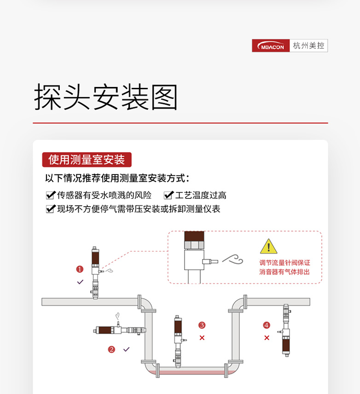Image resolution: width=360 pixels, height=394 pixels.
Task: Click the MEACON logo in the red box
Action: click(x=271, y=46)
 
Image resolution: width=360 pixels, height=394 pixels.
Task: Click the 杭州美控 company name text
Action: click(x=308, y=46)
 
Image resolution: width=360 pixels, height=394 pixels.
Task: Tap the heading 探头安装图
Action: click(x=106, y=98)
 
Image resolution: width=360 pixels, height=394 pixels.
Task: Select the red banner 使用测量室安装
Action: click(x=87, y=160)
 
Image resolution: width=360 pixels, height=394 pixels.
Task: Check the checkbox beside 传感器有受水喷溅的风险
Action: click(x=50, y=195)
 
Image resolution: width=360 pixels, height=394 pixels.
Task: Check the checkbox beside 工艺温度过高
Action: click(x=168, y=195)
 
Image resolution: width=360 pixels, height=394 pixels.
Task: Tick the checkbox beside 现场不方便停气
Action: click(x=50, y=209)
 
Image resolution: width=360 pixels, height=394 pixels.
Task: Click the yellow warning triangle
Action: click(x=268, y=247)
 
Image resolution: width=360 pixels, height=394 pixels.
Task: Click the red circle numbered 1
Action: click(x=80, y=269)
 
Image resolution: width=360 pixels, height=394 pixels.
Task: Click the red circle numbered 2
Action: click(x=111, y=349)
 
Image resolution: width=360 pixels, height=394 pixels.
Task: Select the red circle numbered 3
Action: click(x=202, y=325)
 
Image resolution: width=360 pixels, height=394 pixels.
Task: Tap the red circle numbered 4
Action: click(x=267, y=325)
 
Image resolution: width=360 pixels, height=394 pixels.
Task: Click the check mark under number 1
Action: click(x=80, y=282)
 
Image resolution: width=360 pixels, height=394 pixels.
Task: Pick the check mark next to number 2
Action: click(x=127, y=349)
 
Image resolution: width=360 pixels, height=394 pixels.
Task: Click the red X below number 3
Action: click(x=202, y=338)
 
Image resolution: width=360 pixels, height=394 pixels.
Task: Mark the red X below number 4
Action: click(x=267, y=338)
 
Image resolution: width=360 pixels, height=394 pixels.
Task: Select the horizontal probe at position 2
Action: click(x=121, y=330)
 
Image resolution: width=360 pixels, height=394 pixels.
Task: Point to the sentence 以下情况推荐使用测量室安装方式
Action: click(x=117, y=179)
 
